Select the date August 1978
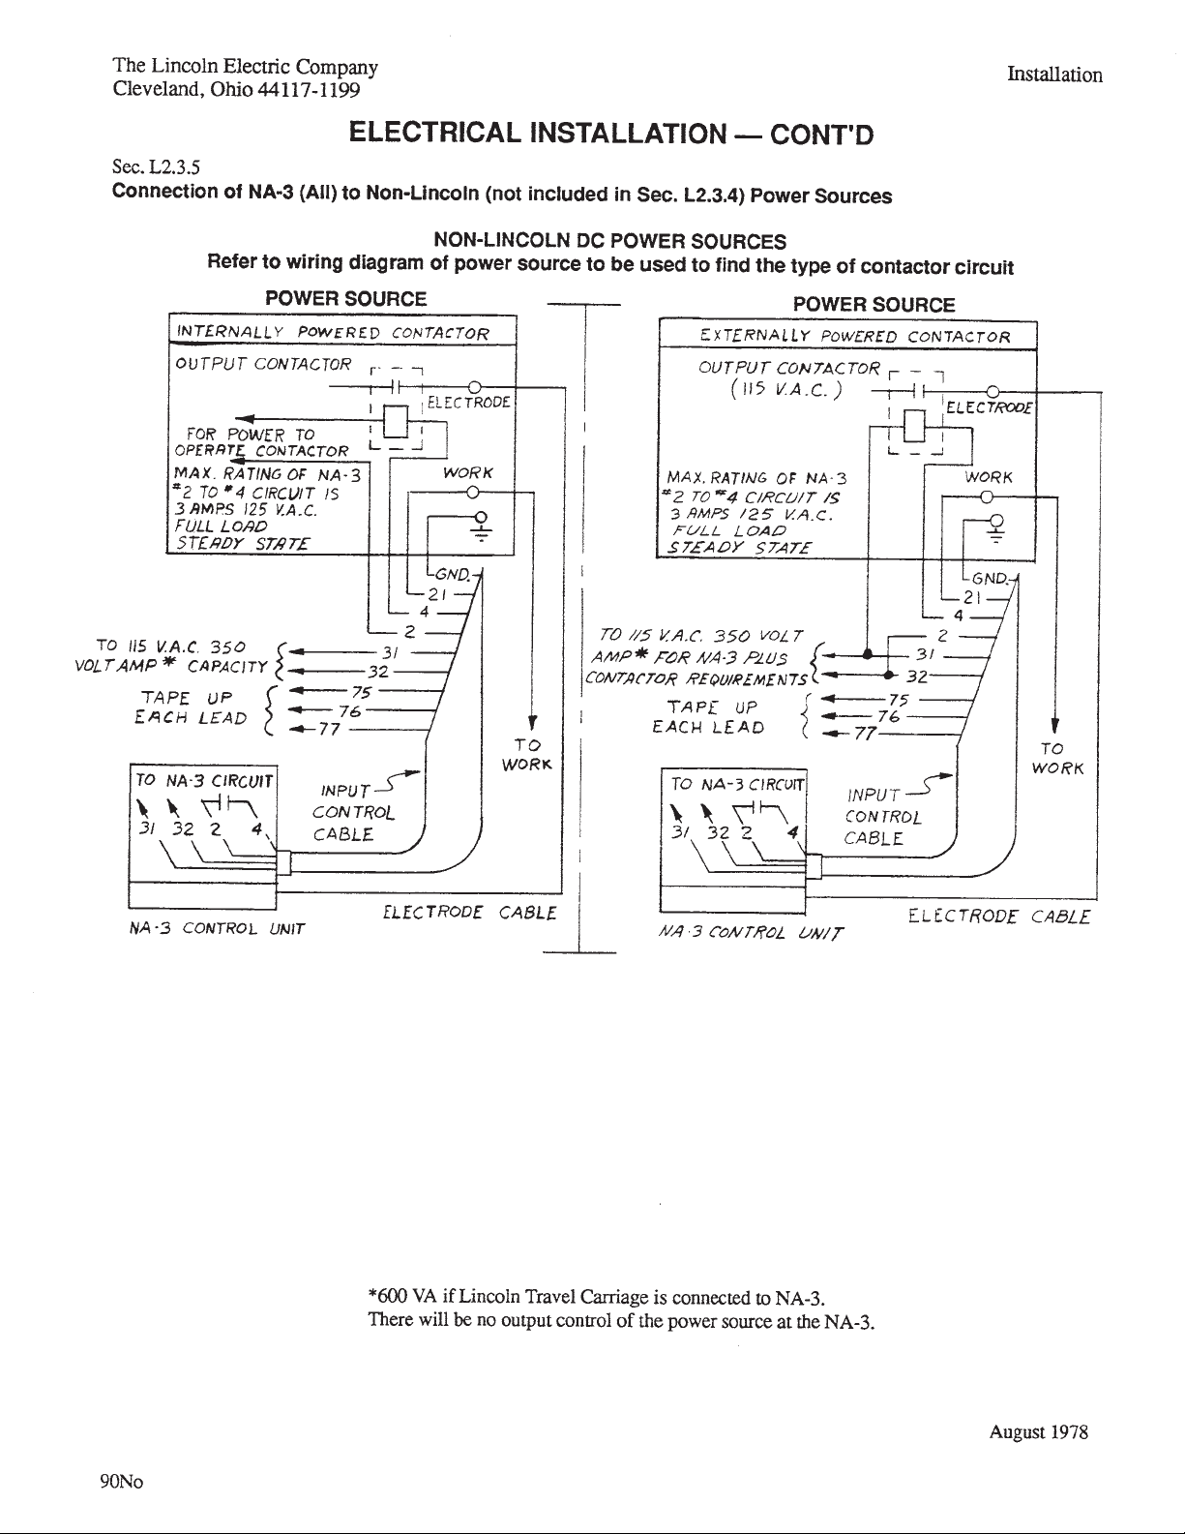(x=1039, y=1431)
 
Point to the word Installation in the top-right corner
(x=1054, y=75)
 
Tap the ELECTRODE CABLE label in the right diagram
(x=999, y=917)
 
